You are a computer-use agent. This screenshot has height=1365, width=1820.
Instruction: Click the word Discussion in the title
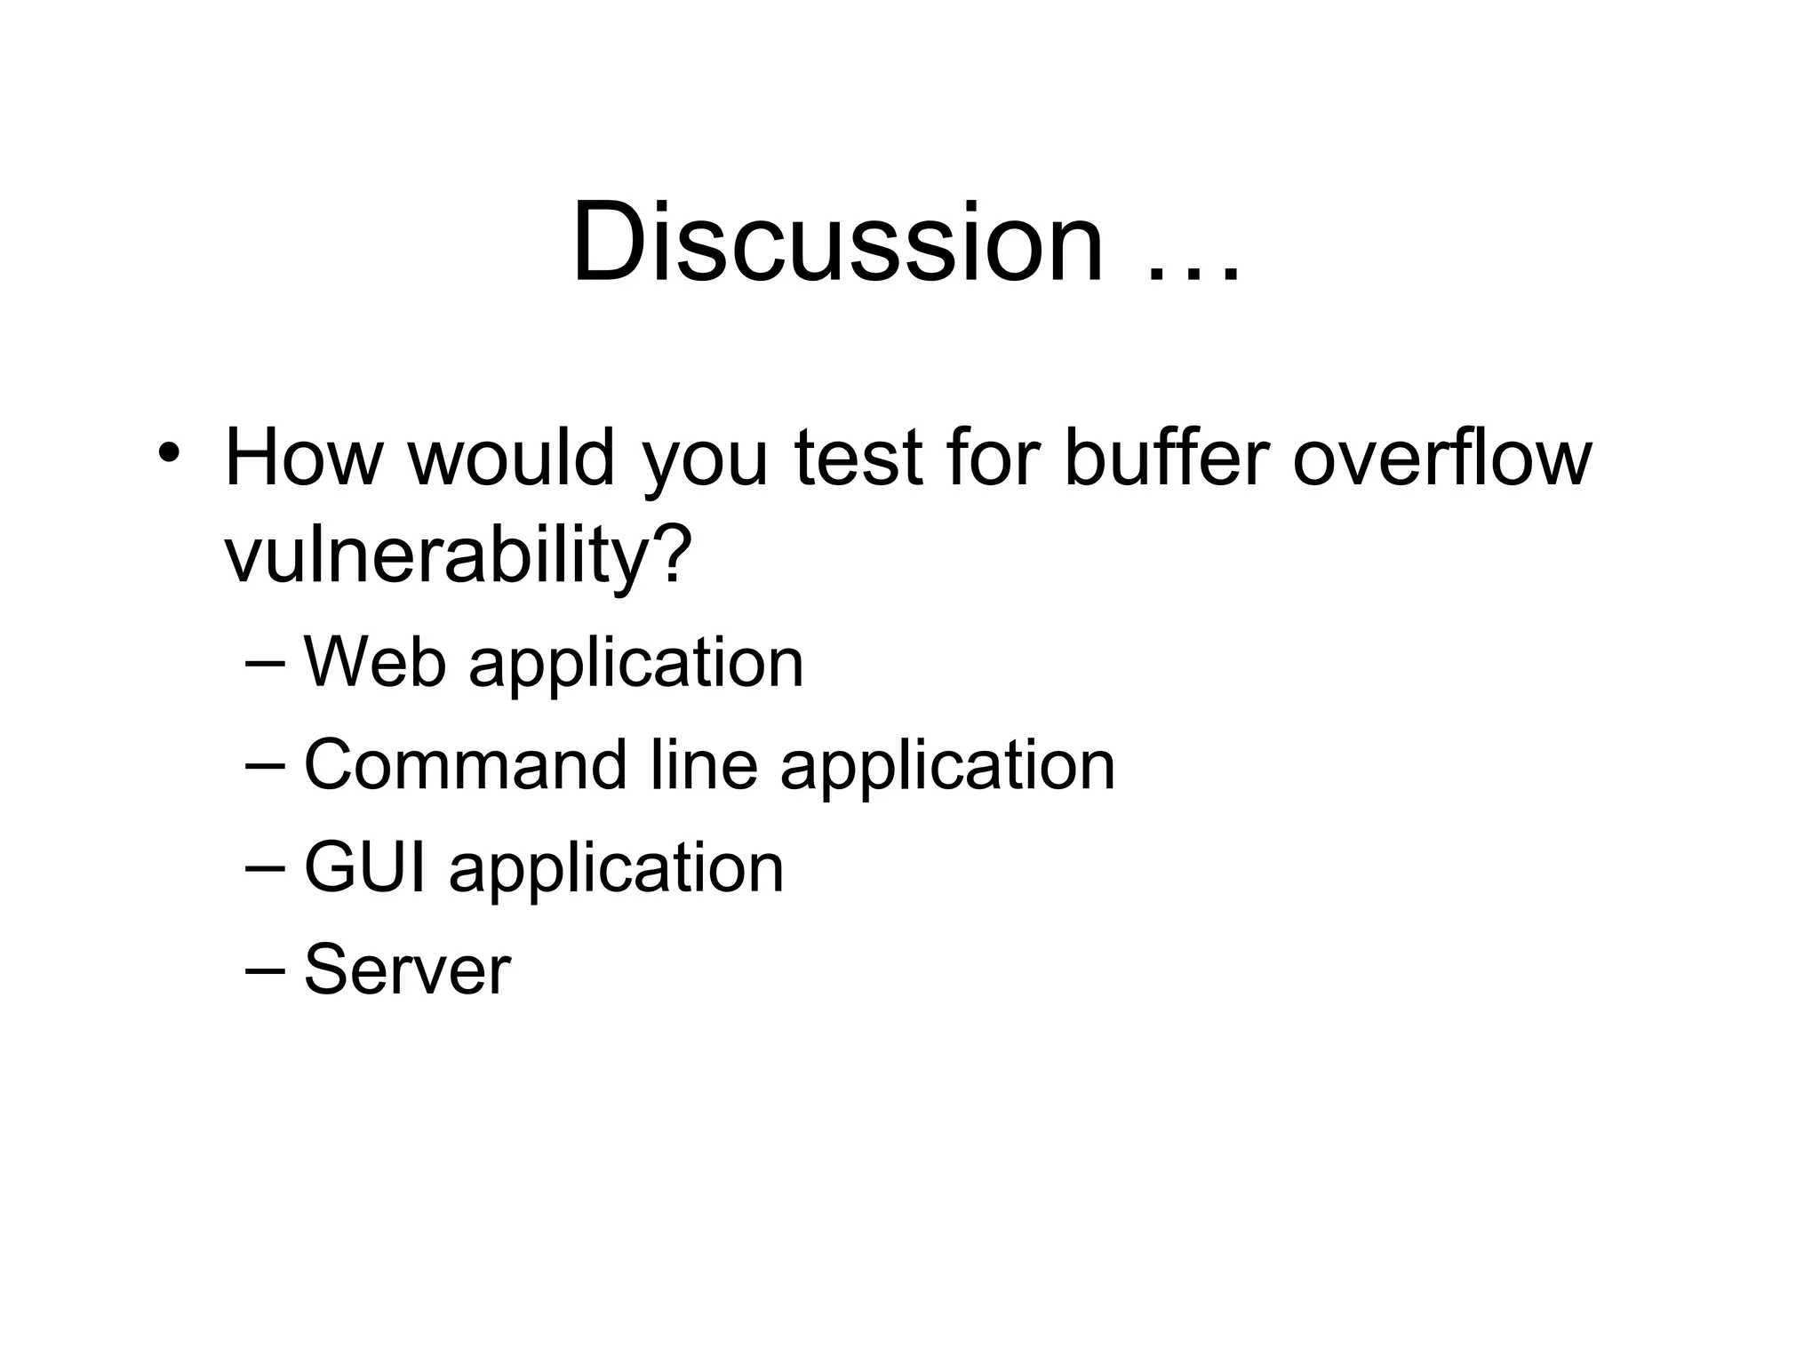838,242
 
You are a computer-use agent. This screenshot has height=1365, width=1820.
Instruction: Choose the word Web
374,662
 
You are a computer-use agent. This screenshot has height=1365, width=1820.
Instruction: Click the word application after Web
636,667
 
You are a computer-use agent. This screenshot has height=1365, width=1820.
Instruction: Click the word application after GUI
617,872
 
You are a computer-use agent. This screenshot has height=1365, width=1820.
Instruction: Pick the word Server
407,970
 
